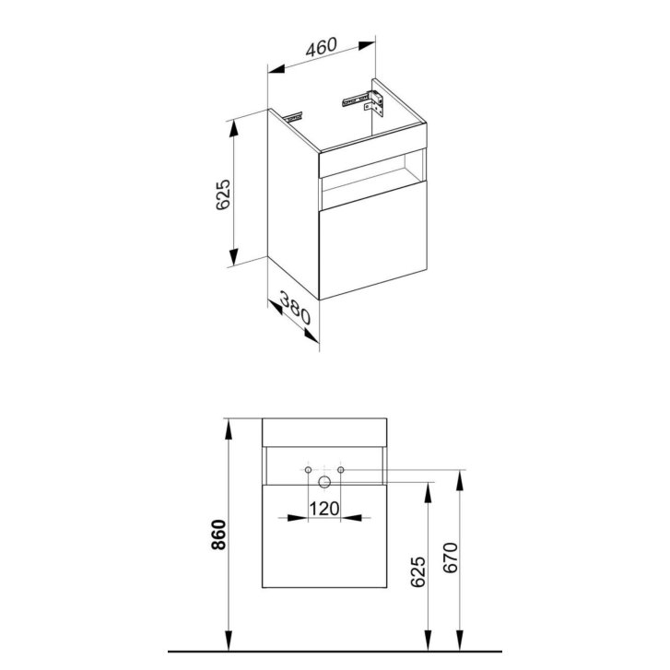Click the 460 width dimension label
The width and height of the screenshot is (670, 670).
(322, 47)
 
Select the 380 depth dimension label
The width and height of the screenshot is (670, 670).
(295, 308)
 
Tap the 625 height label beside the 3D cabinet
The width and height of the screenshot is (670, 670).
(223, 194)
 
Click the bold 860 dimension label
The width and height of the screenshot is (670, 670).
(218, 535)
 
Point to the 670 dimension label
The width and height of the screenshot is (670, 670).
(451, 558)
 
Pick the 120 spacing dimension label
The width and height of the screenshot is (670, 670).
(323, 509)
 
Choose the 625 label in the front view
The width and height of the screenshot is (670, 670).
(417, 571)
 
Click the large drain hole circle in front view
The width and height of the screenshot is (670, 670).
(324, 482)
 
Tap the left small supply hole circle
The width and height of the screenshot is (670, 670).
(308, 470)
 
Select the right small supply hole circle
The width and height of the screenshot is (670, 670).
(341, 470)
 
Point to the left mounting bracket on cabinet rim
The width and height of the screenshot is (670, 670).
(293, 117)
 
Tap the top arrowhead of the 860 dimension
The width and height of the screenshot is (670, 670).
(229, 429)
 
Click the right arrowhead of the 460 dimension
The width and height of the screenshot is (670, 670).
(367, 45)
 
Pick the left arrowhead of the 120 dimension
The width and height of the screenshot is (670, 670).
(298, 518)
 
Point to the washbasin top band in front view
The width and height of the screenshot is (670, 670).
(324, 432)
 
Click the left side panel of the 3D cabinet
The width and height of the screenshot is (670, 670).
(293, 204)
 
